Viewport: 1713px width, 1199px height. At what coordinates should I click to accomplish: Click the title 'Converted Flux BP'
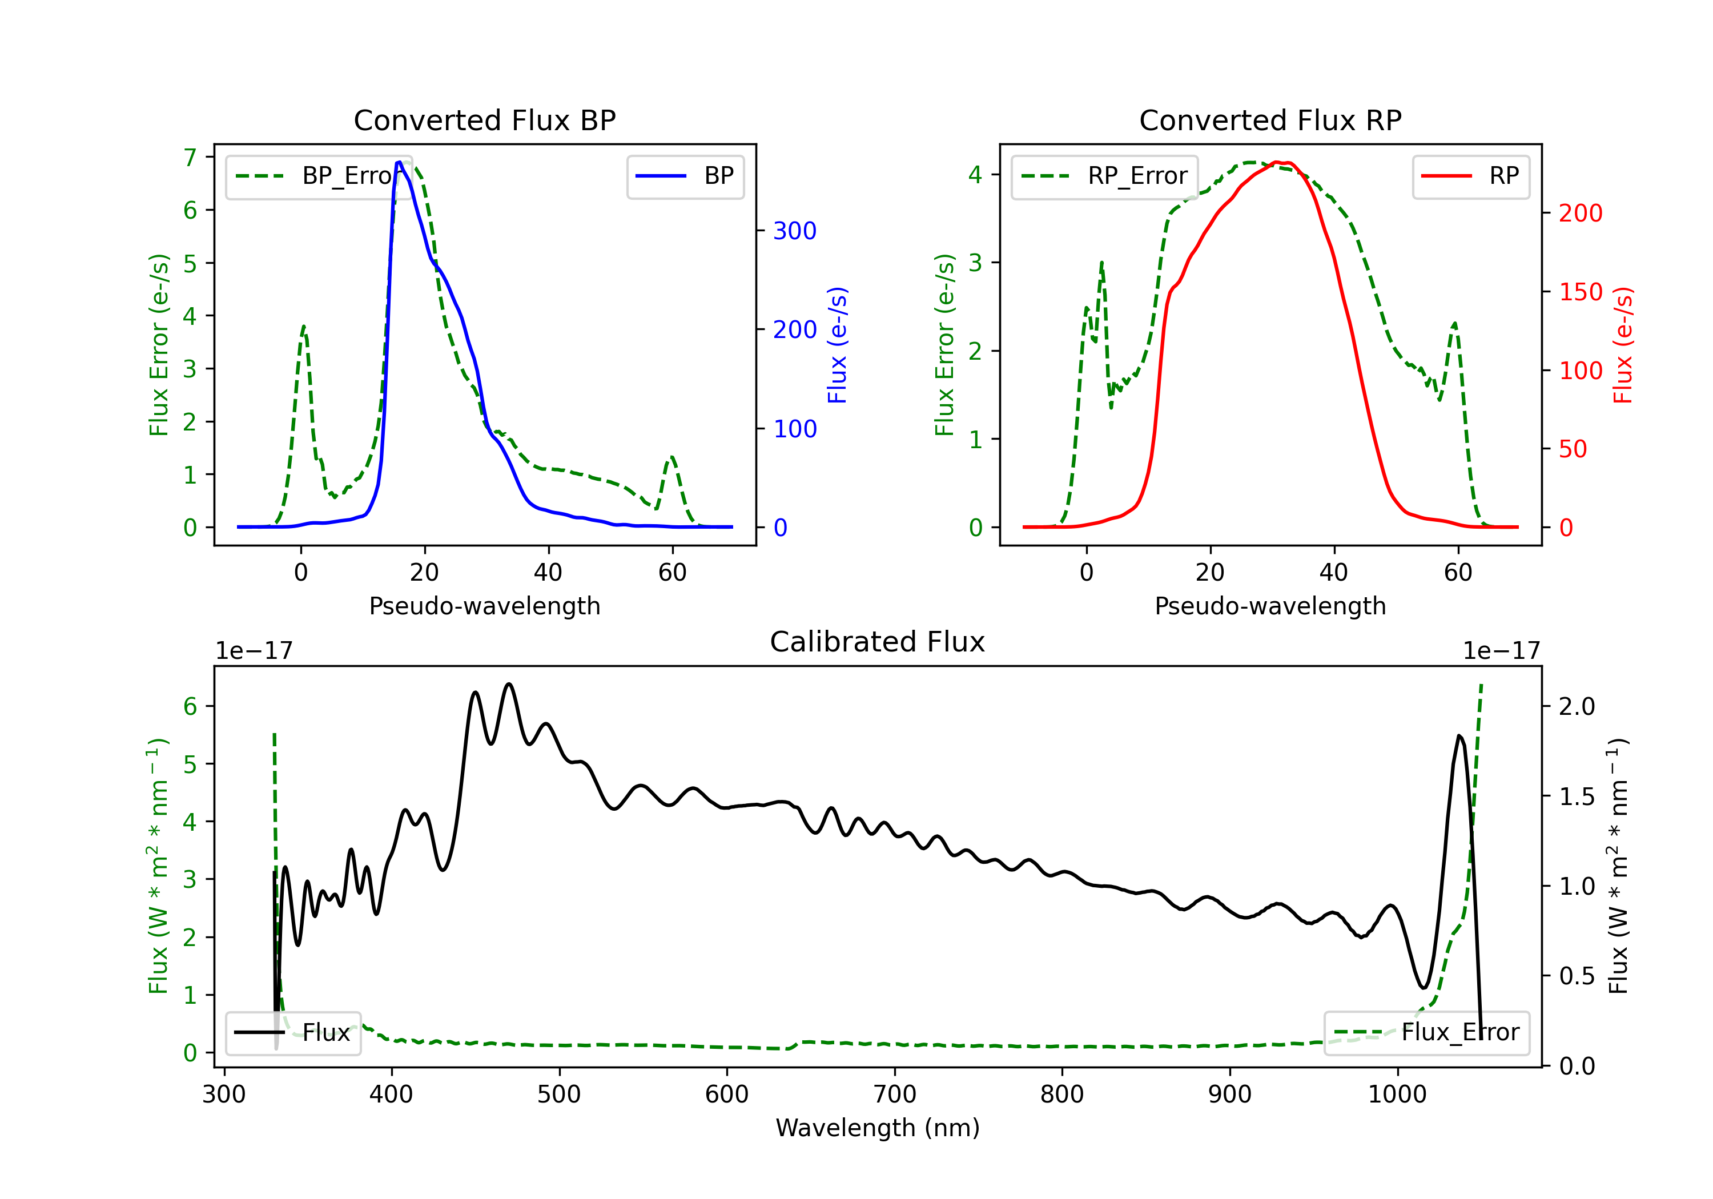[484, 120]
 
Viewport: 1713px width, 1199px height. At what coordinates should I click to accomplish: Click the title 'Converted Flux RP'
[1270, 120]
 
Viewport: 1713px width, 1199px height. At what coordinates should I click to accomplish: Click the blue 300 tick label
[795, 231]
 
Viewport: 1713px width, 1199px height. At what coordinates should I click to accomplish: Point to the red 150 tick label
[1580, 292]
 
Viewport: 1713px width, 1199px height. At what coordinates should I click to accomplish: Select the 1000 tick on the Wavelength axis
[1397, 1095]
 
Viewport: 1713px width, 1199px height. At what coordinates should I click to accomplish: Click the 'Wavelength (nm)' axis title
[878, 1128]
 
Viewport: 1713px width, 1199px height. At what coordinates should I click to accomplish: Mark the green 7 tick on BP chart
[190, 158]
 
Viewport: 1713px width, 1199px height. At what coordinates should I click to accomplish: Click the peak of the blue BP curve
[399, 162]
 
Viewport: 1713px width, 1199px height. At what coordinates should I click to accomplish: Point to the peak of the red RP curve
[1277, 162]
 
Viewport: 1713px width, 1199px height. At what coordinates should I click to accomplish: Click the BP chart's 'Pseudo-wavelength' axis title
[484, 606]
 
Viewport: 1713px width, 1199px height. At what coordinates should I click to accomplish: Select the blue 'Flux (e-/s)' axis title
[837, 345]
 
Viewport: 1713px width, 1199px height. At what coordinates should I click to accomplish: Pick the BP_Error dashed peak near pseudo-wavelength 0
[303, 326]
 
